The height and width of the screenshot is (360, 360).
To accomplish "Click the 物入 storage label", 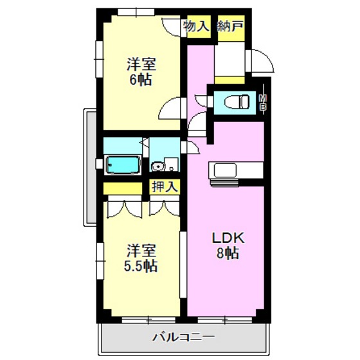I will (196, 26).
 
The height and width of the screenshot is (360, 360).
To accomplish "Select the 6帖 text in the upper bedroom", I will (141, 81).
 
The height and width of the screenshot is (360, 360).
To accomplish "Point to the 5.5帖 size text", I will (141, 266).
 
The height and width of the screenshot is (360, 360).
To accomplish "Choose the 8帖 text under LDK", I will (226, 253).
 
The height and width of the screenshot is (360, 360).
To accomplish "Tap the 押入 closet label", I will (165, 187).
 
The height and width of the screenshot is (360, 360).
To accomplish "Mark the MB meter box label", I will (262, 102).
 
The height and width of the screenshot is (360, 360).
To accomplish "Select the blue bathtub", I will (123, 165).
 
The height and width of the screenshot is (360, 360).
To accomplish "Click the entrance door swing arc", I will (260, 62).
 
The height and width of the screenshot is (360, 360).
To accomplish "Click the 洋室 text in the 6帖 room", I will (141, 65).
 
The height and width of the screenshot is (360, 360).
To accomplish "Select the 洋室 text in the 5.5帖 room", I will (141, 250).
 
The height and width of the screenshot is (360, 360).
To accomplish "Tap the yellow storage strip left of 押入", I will (123, 188).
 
